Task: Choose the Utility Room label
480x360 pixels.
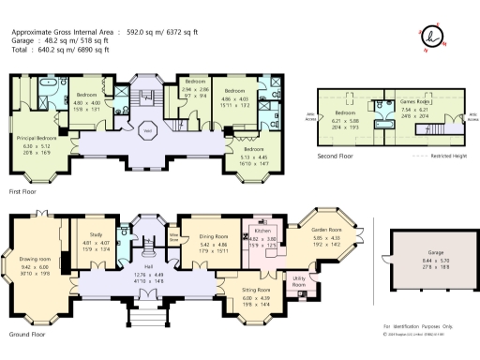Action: click(300, 280)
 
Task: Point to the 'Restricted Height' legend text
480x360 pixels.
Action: click(449, 156)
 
